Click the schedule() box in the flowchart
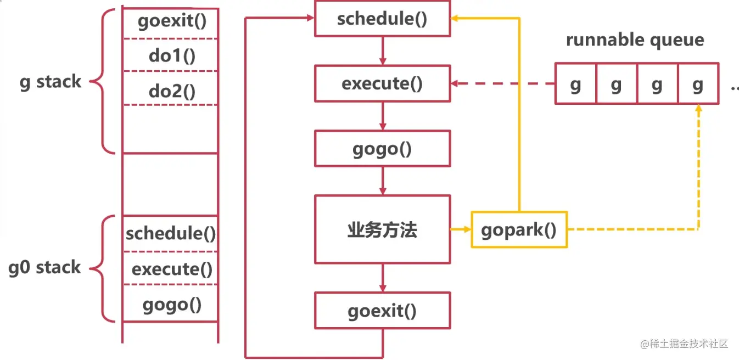[x=382, y=19]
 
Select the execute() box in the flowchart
[x=382, y=83]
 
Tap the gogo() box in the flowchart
[x=382, y=148]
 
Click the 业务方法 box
[x=382, y=229]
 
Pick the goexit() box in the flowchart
[x=382, y=311]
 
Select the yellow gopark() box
[x=519, y=229]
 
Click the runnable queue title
[x=635, y=40]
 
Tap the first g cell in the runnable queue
[x=575, y=84]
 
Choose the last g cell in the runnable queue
[x=698, y=84]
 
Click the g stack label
[x=50, y=82]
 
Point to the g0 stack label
[x=44, y=267]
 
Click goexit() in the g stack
[x=171, y=22]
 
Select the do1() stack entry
[x=171, y=55]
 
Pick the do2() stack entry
[x=171, y=89]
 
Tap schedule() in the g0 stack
[x=171, y=234]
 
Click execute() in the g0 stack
[x=171, y=269]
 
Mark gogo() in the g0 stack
[x=171, y=303]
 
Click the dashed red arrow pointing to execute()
[x=502, y=84]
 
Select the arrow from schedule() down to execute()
[x=383, y=51]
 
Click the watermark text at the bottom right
[x=684, y=344]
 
